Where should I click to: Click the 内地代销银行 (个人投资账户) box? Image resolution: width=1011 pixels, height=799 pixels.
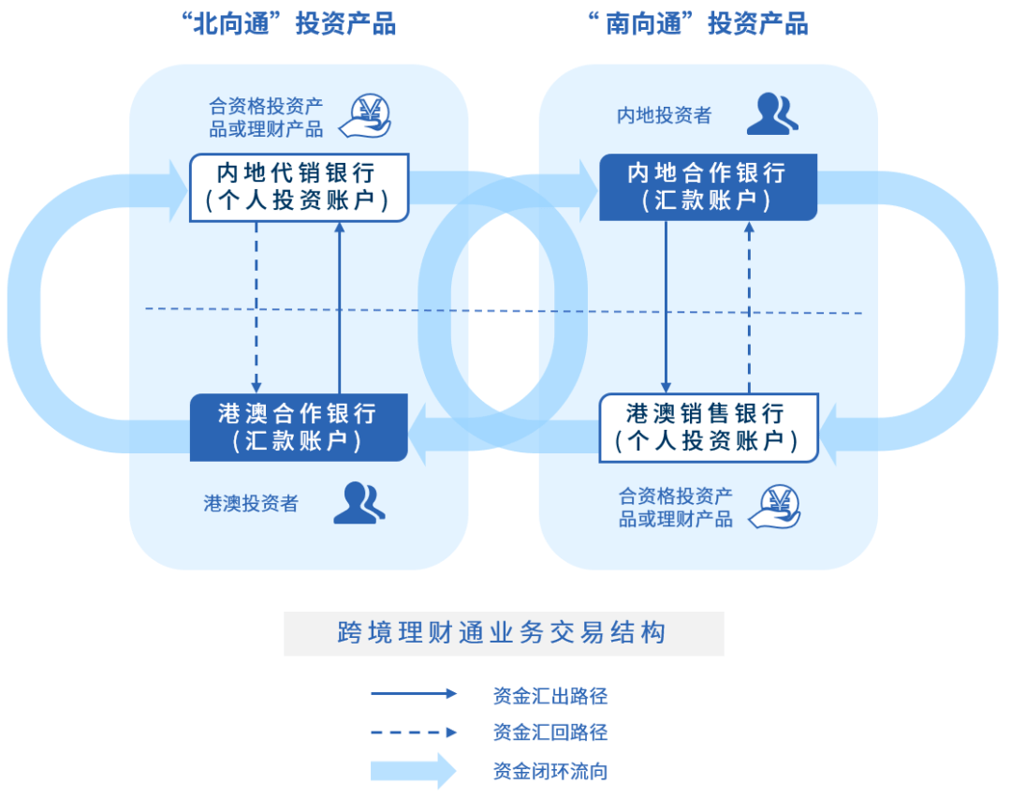299,187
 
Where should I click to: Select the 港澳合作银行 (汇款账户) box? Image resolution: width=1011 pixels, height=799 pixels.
299,427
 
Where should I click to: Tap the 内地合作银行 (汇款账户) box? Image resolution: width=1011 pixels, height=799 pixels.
708,187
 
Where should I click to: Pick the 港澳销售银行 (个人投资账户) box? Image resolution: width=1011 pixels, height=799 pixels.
708,427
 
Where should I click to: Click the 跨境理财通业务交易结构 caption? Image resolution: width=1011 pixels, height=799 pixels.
504,632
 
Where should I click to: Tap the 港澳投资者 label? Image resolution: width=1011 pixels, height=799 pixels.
251,503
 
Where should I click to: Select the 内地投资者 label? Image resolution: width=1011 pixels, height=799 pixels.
664,115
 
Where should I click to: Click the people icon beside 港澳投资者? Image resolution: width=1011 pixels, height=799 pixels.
359,503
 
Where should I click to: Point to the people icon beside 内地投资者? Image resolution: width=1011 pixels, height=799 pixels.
772,113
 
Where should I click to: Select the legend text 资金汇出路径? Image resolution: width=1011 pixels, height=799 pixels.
550,696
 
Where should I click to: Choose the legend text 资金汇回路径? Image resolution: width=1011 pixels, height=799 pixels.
550,732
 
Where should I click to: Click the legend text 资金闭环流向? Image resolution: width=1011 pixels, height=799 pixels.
550,772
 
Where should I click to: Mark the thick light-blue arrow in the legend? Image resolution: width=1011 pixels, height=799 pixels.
413,771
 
